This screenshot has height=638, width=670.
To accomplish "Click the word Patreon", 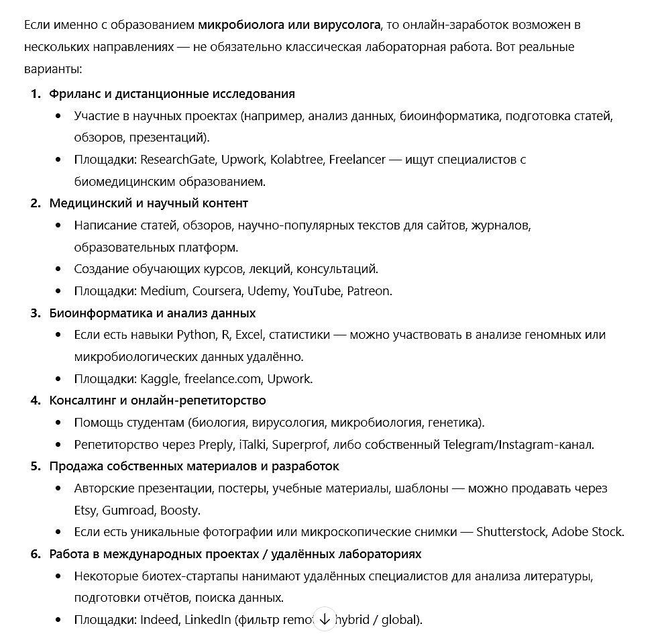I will pyautogui.click(x=370, y=291).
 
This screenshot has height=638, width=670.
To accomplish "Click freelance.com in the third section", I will pyautogui.click(x=223, y=379).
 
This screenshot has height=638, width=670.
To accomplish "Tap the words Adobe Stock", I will pyautogui.click(x=588, y=533).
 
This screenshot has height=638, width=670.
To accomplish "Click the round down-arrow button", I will pyautogui.click(x=325, y=619).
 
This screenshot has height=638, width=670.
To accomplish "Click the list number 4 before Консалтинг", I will pyautogui.click(x=36, y=401).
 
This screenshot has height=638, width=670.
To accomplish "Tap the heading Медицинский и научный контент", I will pyautogui.click(x=148, y=203).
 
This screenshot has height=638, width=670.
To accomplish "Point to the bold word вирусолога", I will pyautogui.click(x=346, y=25).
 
